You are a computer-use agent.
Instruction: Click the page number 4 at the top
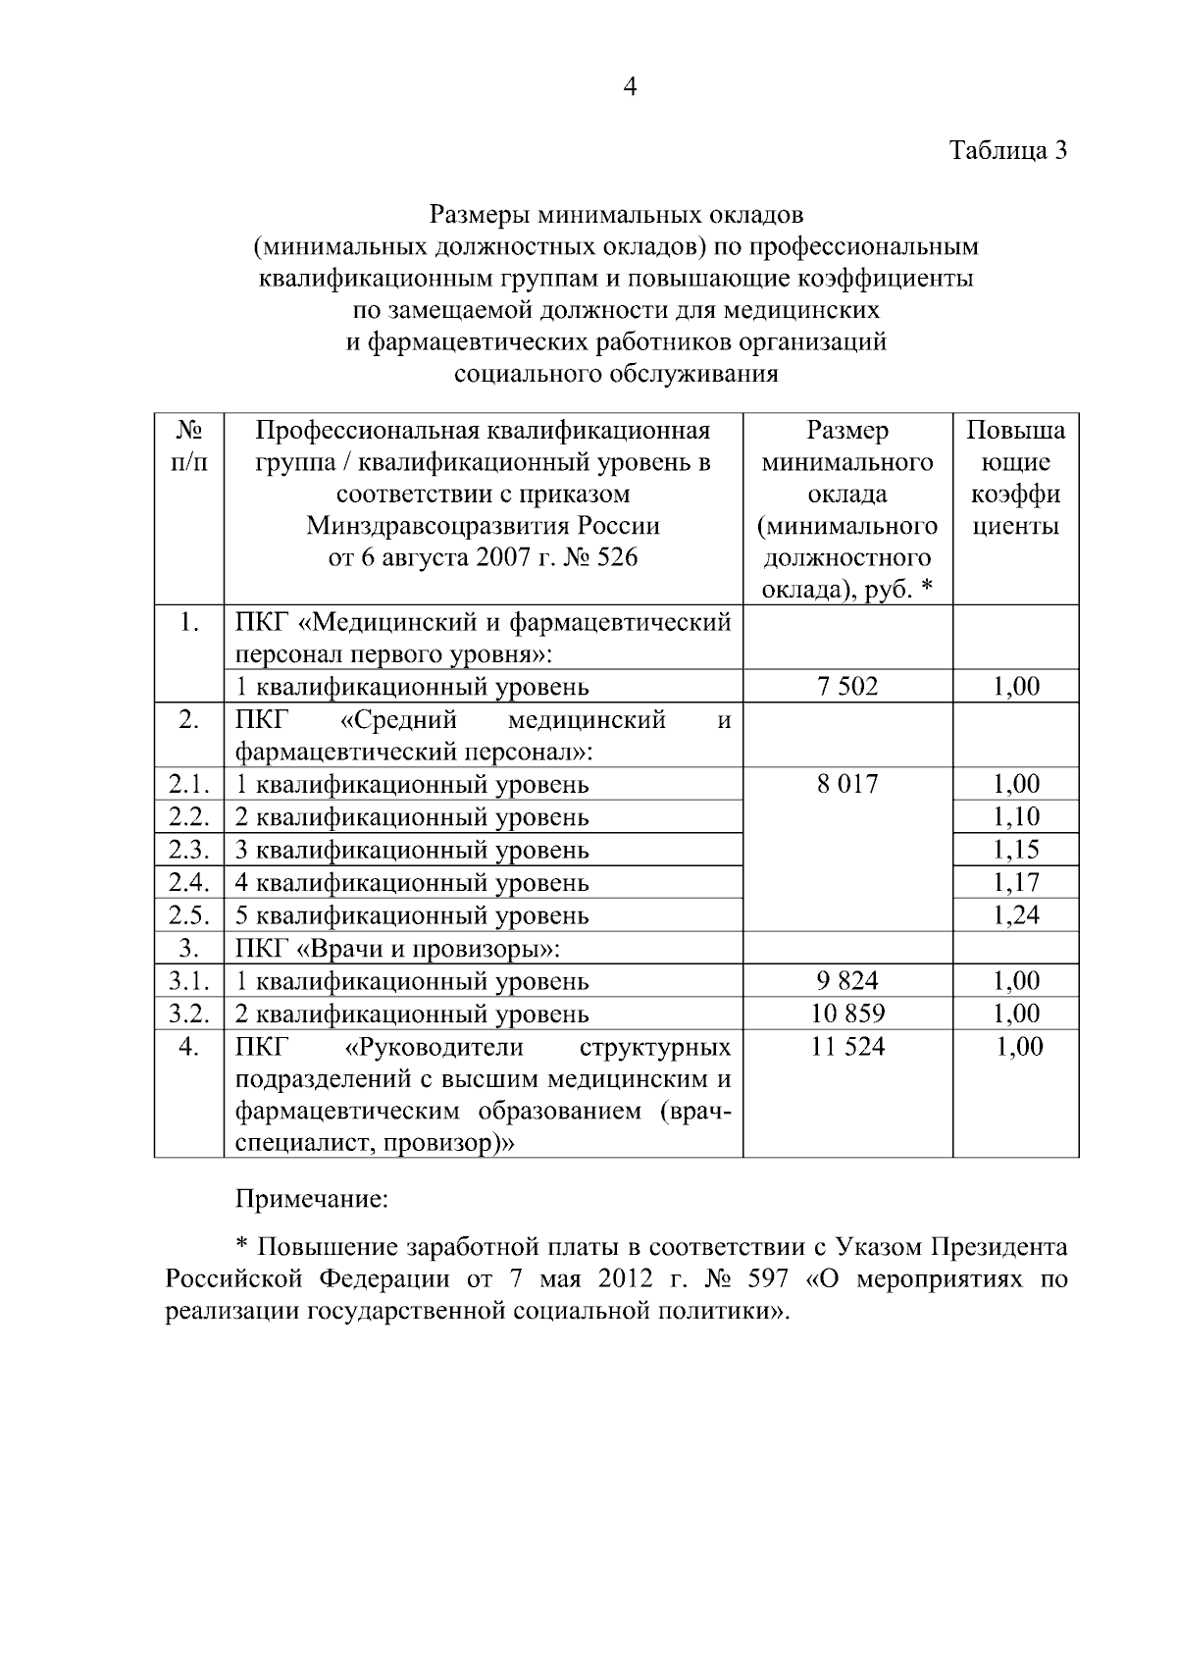pyautogui.click(x=631, y=87)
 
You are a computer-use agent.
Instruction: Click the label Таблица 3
pyautogui.click(x=1006, y=151)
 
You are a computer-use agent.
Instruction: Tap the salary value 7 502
pyautogui.click(x=847, y=687)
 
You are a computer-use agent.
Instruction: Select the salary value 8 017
pyautogui.click(x=847, y=784)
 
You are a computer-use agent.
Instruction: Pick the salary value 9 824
pyautogui.click(x=847, y=980)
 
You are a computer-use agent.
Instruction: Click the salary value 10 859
pyautogui.click(x=847, y=1013)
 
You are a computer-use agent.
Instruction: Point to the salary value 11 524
pyautogui.click(x=847, y=1046)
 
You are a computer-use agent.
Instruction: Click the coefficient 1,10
pyautogui.click(x=1016, y=816)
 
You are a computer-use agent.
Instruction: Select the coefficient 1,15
pyautogui.click(x=1016, y=850)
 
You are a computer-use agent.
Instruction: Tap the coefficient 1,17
pyautogui.click(x=1016, y=882)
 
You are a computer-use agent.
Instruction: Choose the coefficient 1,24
pyautogui.click(x=1016, y=914)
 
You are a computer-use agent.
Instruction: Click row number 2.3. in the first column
pyautogui.click(x=189, y=850)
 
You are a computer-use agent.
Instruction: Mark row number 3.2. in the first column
pyautogui.click(x=189, y=1013)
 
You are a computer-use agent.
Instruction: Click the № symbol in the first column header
pyautogui.click(x=189, y=430)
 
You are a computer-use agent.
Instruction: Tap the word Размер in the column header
pyautogui.click(x=847, y=430)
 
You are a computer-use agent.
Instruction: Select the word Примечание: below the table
pyautogui.click(x=312, y=1199)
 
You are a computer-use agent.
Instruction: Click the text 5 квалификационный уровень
pyautogui.click(x=412, y=914)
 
